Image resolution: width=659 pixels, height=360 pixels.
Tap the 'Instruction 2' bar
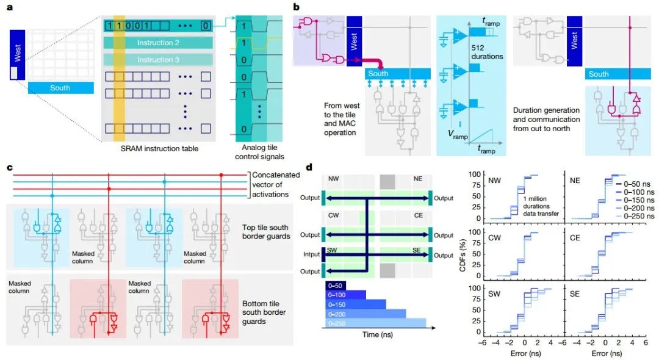point(158,43)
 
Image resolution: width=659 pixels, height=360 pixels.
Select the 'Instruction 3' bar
point(158,60)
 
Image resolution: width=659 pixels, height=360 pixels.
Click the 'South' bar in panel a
point(60,88)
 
